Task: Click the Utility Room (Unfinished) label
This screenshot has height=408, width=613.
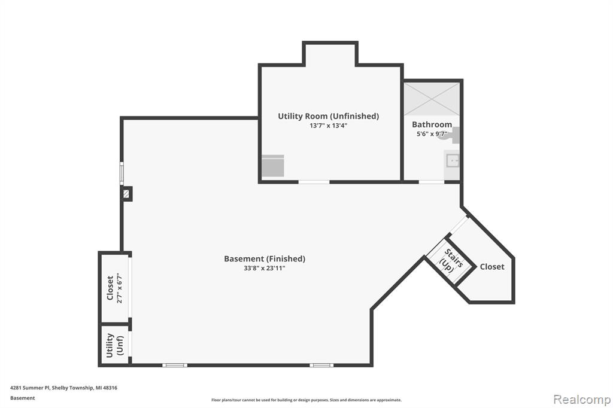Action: click(x=329, y=116)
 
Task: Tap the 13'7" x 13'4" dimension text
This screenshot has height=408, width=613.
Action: click(x=329, y=126)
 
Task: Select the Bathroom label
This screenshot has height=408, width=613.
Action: click(x=432, y=124)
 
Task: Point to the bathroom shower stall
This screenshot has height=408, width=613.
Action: click(x=432, y=99)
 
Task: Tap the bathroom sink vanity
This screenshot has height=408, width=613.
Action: click(x=452, y=161)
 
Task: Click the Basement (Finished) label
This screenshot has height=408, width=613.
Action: click(x=265, y=258)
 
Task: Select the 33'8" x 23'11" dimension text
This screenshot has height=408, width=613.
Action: click(x=265, y=269)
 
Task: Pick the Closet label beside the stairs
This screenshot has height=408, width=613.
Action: click(x=492, y=267)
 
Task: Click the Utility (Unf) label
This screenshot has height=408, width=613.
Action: click(x=114, y=345)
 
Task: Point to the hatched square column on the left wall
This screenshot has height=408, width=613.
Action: click(x=126, y=194)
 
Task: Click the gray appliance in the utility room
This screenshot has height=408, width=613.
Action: click(x=273, y=166)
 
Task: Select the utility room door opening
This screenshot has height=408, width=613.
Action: click(x=314, y=182)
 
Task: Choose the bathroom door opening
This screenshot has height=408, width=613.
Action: click(x=431, y=182)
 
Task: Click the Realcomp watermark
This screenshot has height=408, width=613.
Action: click(x=582, y=400)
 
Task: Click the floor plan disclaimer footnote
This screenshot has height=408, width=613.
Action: click(x=306, y=400)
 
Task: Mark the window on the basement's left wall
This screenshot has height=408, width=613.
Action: click(x=122, y=173)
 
